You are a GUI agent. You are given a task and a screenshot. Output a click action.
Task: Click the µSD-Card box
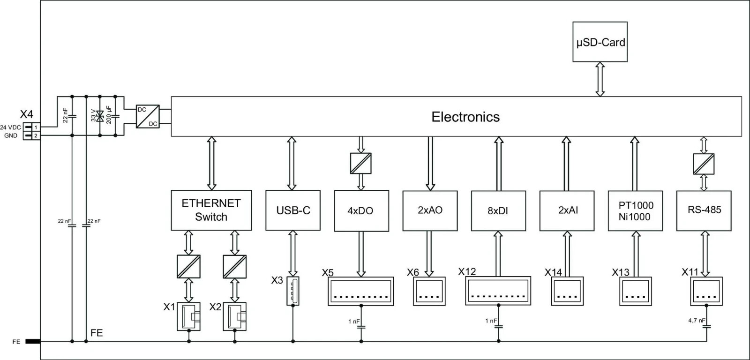(x=600, y=42)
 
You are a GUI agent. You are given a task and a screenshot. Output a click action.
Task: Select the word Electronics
(x=465, y=117)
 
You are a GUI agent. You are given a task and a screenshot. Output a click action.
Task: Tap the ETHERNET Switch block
(x=211, y=210)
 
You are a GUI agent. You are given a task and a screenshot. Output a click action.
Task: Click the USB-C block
(x=293, y=210)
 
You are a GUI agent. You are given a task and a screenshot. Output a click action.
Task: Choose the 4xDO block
(x=361, y=210)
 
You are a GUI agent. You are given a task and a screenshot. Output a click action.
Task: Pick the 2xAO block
(x=430, y=210)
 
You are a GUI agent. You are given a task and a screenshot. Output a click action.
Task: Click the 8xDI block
(x=498, y=210)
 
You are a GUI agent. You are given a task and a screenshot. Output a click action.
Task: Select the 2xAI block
(x=567, y=210)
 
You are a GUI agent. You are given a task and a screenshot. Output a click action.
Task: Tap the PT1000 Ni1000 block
(x=635, y=210)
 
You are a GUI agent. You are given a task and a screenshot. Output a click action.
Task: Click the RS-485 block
(x=704, y=210)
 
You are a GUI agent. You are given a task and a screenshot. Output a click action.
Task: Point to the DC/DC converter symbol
(x=148, y=117)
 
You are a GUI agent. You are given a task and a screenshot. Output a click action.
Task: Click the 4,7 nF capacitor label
(x=696, y=321)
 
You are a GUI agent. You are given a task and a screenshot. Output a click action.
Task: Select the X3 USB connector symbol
(x=292, y=291)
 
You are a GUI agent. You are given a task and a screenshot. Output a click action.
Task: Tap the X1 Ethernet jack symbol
(x=188, y=316)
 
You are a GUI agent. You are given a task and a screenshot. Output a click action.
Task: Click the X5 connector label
(x=328, y=273)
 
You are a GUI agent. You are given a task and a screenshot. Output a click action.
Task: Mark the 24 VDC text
(x=10, y=127)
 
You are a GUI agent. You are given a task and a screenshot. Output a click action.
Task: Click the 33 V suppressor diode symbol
(x=100, y=116)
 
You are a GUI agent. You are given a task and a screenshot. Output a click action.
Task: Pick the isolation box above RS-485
(x=704, y=164)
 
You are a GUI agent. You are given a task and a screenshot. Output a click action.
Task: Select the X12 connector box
(x=498, y=291)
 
